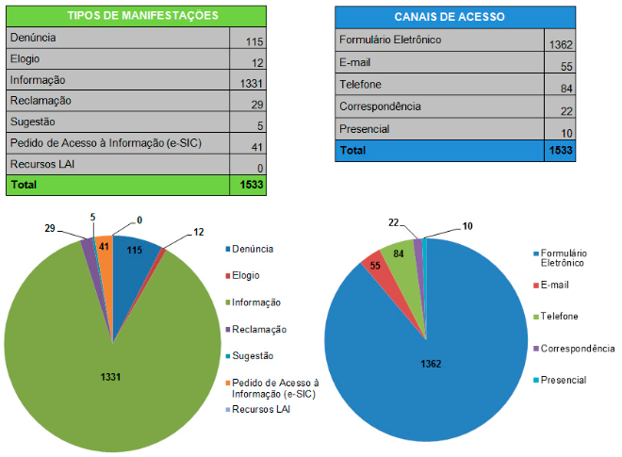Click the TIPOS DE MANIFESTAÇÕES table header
pyautogui.click(x=137, y=16)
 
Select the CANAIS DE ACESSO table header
pyautogui.click(x=454, y=17)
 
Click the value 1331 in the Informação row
pyautogui.click(x=249, y=83)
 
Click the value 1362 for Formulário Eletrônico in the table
pyautogui.click(x=560, y=44)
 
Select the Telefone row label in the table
pyautogui.click(x=362, y=85)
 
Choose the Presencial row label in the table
pyautogui.click(x=364, y=129)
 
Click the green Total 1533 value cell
pyautogui.click(x=250, y=186)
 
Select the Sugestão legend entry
pyautogui.click(x=252, y=355)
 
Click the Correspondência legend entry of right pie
pyautogui.click(x=574, y=349)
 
